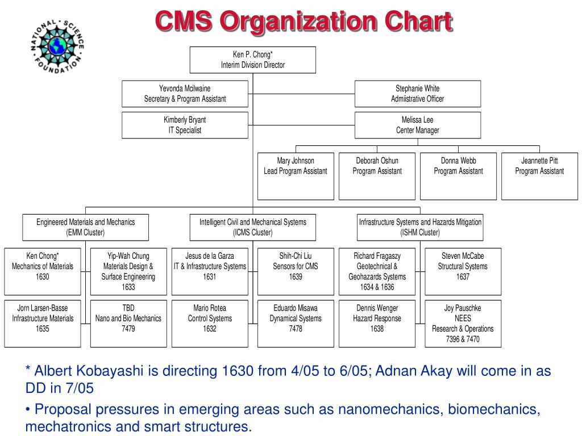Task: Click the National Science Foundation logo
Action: coord(57,47)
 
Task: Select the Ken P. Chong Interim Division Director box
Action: coord(253,60)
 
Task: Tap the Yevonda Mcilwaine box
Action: coord(185,94)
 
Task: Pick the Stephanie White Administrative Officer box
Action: coord(418,94)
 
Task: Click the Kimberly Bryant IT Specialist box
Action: coord(185,125)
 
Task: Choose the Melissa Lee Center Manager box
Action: coord(418,125)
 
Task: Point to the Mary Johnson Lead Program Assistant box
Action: coord(296,176)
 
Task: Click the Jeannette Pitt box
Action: coord(539,176)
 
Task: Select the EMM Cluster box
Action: coord(85,227)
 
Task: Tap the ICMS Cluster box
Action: coord(253,227)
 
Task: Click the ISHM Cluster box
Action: coord(420,227)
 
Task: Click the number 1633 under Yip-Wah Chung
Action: coord(128,287)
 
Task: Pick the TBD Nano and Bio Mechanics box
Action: coord(128,323)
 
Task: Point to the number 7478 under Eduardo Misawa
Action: coord(296,329)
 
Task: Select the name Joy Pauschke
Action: coord(463,308)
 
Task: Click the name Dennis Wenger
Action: coord(377,308)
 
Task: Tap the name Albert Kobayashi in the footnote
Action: coord(89,371)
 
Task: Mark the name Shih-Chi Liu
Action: coord(296,256)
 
